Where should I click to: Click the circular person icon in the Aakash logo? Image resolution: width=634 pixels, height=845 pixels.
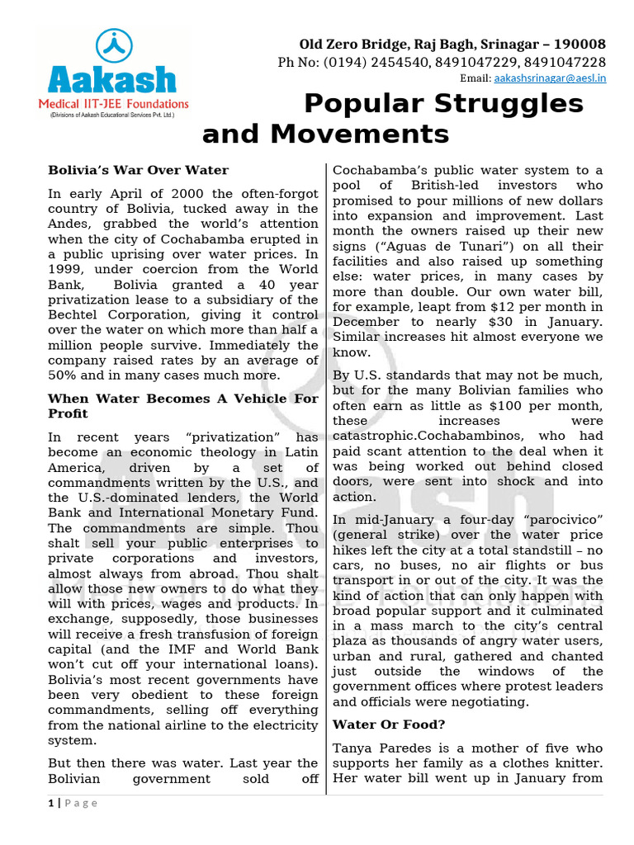pos(111,47)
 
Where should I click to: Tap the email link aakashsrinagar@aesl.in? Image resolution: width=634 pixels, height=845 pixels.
pos(549,78)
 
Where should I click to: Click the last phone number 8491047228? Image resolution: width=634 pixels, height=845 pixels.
pos(565,62)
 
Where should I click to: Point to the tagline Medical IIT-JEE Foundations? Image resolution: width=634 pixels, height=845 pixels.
pos(114,104)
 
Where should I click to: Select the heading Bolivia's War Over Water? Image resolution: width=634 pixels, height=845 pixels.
pos(138,170)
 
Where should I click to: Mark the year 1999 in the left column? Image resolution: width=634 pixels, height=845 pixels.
pos(64,269)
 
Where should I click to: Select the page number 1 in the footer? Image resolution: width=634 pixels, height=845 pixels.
pos(51,803)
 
